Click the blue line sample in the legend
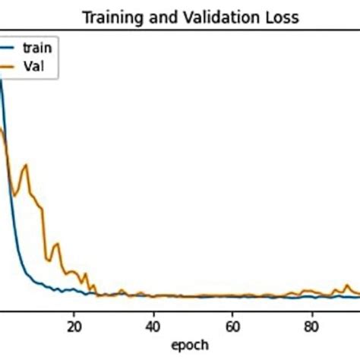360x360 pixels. click(x=8, y=49)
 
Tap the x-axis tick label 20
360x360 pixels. click(x=73, y=321)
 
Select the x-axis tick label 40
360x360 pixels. click(x=153, y=321)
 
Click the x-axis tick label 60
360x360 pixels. click(x=232, y=321)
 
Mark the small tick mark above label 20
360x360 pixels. click(x=73, y=310)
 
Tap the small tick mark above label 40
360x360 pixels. click(x=153, y=310)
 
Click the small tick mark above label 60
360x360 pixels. click(x=232, y=310)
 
